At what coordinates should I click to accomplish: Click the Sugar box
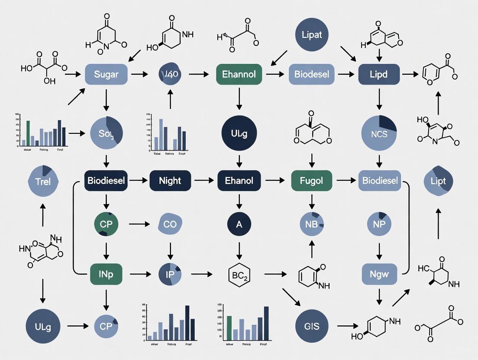point(106,74)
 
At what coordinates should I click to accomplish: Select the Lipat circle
point(311,35)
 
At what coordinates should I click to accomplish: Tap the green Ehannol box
point(239,74)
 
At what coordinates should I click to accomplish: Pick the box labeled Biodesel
point(311,74)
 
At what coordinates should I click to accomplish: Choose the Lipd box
point(379,74)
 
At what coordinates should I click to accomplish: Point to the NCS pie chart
point(379,133)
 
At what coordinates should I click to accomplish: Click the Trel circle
point(42,181)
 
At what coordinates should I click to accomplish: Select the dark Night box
point(170,180)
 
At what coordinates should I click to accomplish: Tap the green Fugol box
point(311,180)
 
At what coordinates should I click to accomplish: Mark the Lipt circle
point(438,181)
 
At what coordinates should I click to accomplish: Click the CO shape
point(170,224)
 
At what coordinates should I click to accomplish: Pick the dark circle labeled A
point(239,224)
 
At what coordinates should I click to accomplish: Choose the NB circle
point(311,224)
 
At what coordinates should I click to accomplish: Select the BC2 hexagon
point(239,274)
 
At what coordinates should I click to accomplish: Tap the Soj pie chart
point(106,133)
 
